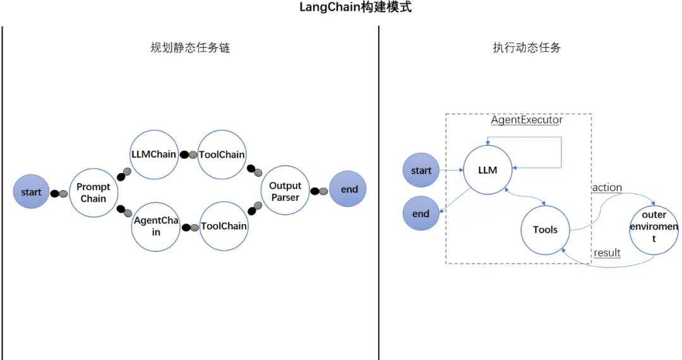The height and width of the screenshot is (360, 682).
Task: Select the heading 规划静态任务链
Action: (189, 48)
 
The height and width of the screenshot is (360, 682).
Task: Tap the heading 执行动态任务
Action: (527, 48)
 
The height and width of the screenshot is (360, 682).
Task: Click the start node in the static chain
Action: (31, 192)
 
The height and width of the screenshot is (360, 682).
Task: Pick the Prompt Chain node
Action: (93, 193)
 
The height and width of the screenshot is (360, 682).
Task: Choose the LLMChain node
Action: (153, 155)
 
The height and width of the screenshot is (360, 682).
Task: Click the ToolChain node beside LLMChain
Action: (222, 155)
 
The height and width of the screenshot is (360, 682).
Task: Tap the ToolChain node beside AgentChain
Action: (224, 226)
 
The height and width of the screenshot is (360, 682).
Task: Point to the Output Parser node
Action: (285, 191)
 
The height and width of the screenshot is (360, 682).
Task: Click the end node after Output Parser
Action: (349, 189)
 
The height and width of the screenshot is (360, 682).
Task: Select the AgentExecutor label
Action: (527, 119)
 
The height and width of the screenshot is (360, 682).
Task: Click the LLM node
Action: (488, 170)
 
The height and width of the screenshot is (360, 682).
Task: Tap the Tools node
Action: (545, 229)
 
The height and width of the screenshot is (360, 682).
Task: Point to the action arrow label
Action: (607, 188)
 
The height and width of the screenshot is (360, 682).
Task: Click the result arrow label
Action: (607, 253)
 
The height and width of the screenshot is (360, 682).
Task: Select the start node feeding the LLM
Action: (421, 171)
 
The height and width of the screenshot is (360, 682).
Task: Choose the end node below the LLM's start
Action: (421, 213)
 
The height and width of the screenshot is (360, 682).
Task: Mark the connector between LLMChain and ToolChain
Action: (188, 155)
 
